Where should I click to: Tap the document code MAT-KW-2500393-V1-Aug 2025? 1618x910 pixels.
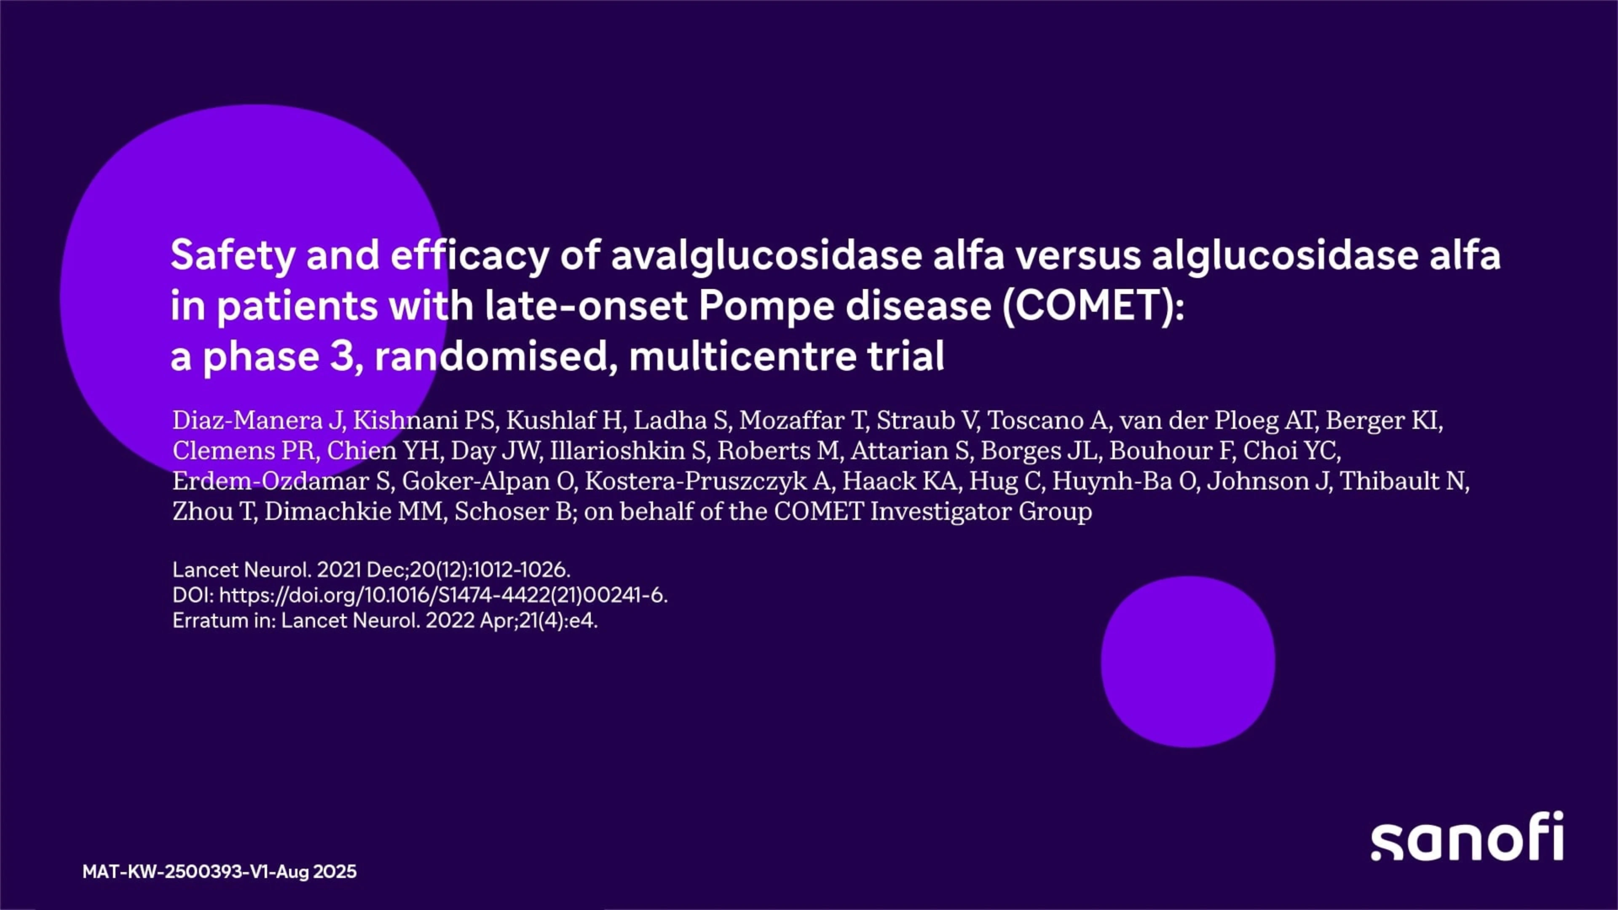pos(219,871)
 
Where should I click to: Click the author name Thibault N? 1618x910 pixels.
pos(1403,481)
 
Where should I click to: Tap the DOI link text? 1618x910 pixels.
pos(443,595)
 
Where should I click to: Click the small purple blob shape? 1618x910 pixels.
pos(1188,662)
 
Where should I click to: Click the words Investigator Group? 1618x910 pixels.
pos(981,512)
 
